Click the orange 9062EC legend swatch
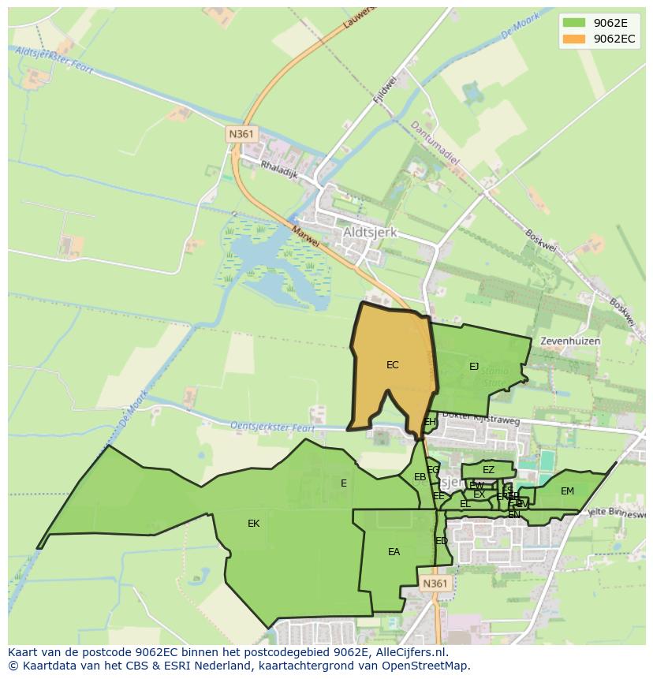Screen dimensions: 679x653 573,39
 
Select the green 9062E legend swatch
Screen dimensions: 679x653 573,22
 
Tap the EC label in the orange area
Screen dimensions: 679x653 392,365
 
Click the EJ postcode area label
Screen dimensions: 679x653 474,366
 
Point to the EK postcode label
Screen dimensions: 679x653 253,524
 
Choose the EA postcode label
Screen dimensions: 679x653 394,552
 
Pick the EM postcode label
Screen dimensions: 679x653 567,491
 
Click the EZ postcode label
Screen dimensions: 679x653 488,470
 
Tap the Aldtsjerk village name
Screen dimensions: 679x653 370,233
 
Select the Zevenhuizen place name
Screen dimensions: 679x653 570,341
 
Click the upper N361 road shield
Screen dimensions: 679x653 241,134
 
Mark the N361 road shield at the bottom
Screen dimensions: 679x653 434,584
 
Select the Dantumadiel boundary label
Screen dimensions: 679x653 435,142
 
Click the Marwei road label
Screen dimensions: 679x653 305,236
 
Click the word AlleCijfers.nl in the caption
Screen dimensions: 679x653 411,652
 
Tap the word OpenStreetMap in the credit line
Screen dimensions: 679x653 427,666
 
